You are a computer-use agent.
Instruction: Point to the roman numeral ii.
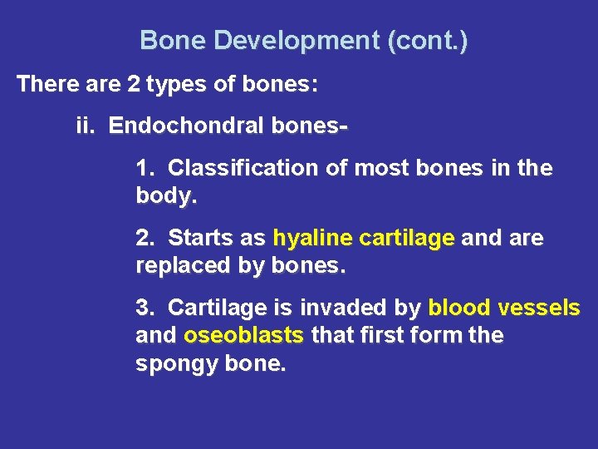[x=86, y=126]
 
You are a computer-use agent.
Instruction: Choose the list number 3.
[x=145, y=308]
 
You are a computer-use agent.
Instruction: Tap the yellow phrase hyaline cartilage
[x=364, y=238]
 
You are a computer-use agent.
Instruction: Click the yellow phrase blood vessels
[x=504, y=308]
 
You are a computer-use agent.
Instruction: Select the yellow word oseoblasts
[x=244, y=335]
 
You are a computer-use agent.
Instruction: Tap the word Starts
[x=202, y=238]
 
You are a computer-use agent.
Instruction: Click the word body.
[x=163, y=196]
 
